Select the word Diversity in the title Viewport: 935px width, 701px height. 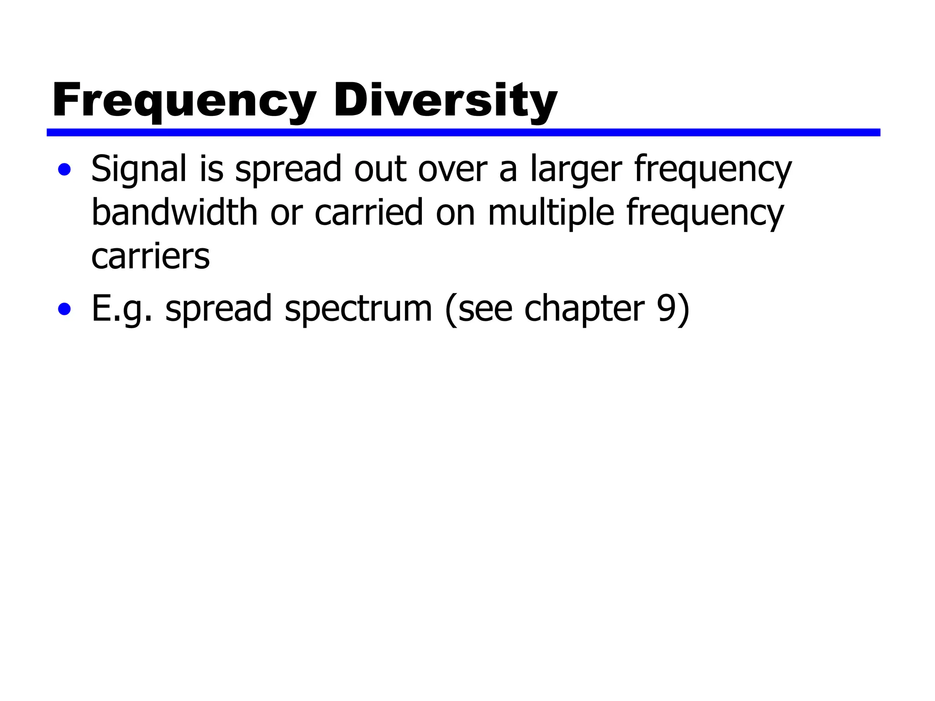click(x=445, y=100)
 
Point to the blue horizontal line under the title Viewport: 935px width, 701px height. click(x=463, y=132)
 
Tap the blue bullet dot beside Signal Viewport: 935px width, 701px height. click(x=64, y=170)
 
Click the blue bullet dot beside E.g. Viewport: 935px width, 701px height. click(x=64, y=309)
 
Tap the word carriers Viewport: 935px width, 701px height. click(x=150, y=256)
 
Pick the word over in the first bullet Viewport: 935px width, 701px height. click(x=452, y=169)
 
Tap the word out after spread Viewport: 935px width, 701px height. click(x=380, y=169)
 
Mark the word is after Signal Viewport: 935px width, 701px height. click(x=211, y=168)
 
